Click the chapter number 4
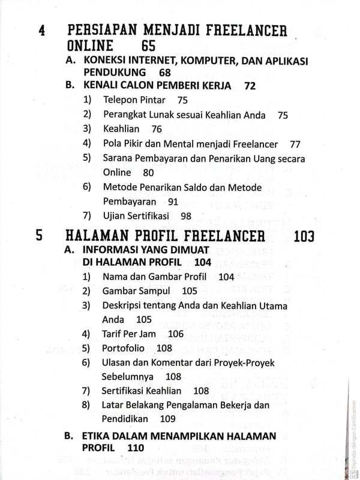[x=41, y=31]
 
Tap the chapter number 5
[x=39, y=235]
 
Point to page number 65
[x=148, y=46]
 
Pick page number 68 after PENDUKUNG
[x=165, y=73]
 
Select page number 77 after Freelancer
[x=295, y=144]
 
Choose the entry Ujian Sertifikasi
[x=136, y=216]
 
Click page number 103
[x=304, y=236]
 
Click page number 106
[x=176, y=334]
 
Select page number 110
[x=136, y=448]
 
